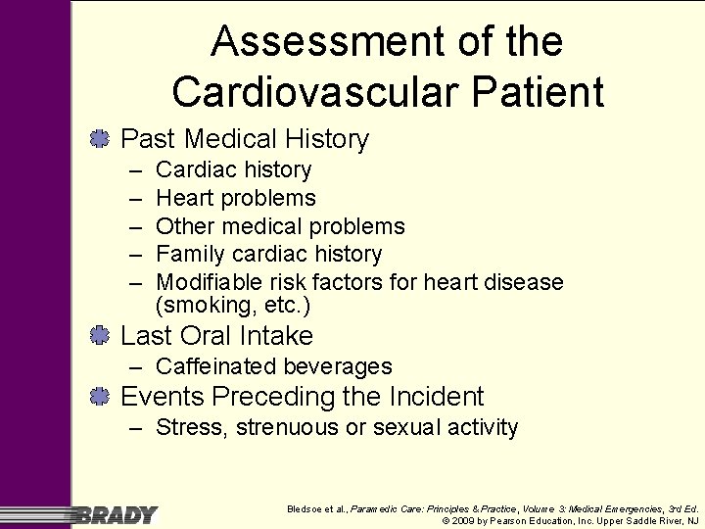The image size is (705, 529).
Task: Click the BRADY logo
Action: click(x=116, y=513)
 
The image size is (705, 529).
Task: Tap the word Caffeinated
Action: click(x=216, y=366)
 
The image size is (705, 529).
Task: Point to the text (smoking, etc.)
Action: click(x=233, y=306)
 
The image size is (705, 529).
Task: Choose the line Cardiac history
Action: click(x=233, y=169)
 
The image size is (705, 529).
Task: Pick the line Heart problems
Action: click(x=236, y=198)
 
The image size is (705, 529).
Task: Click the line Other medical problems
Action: click(x=280, y=226)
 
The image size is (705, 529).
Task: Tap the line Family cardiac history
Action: click(x=268, y=254)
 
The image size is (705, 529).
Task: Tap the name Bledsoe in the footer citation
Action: click(x=305, y=508)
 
